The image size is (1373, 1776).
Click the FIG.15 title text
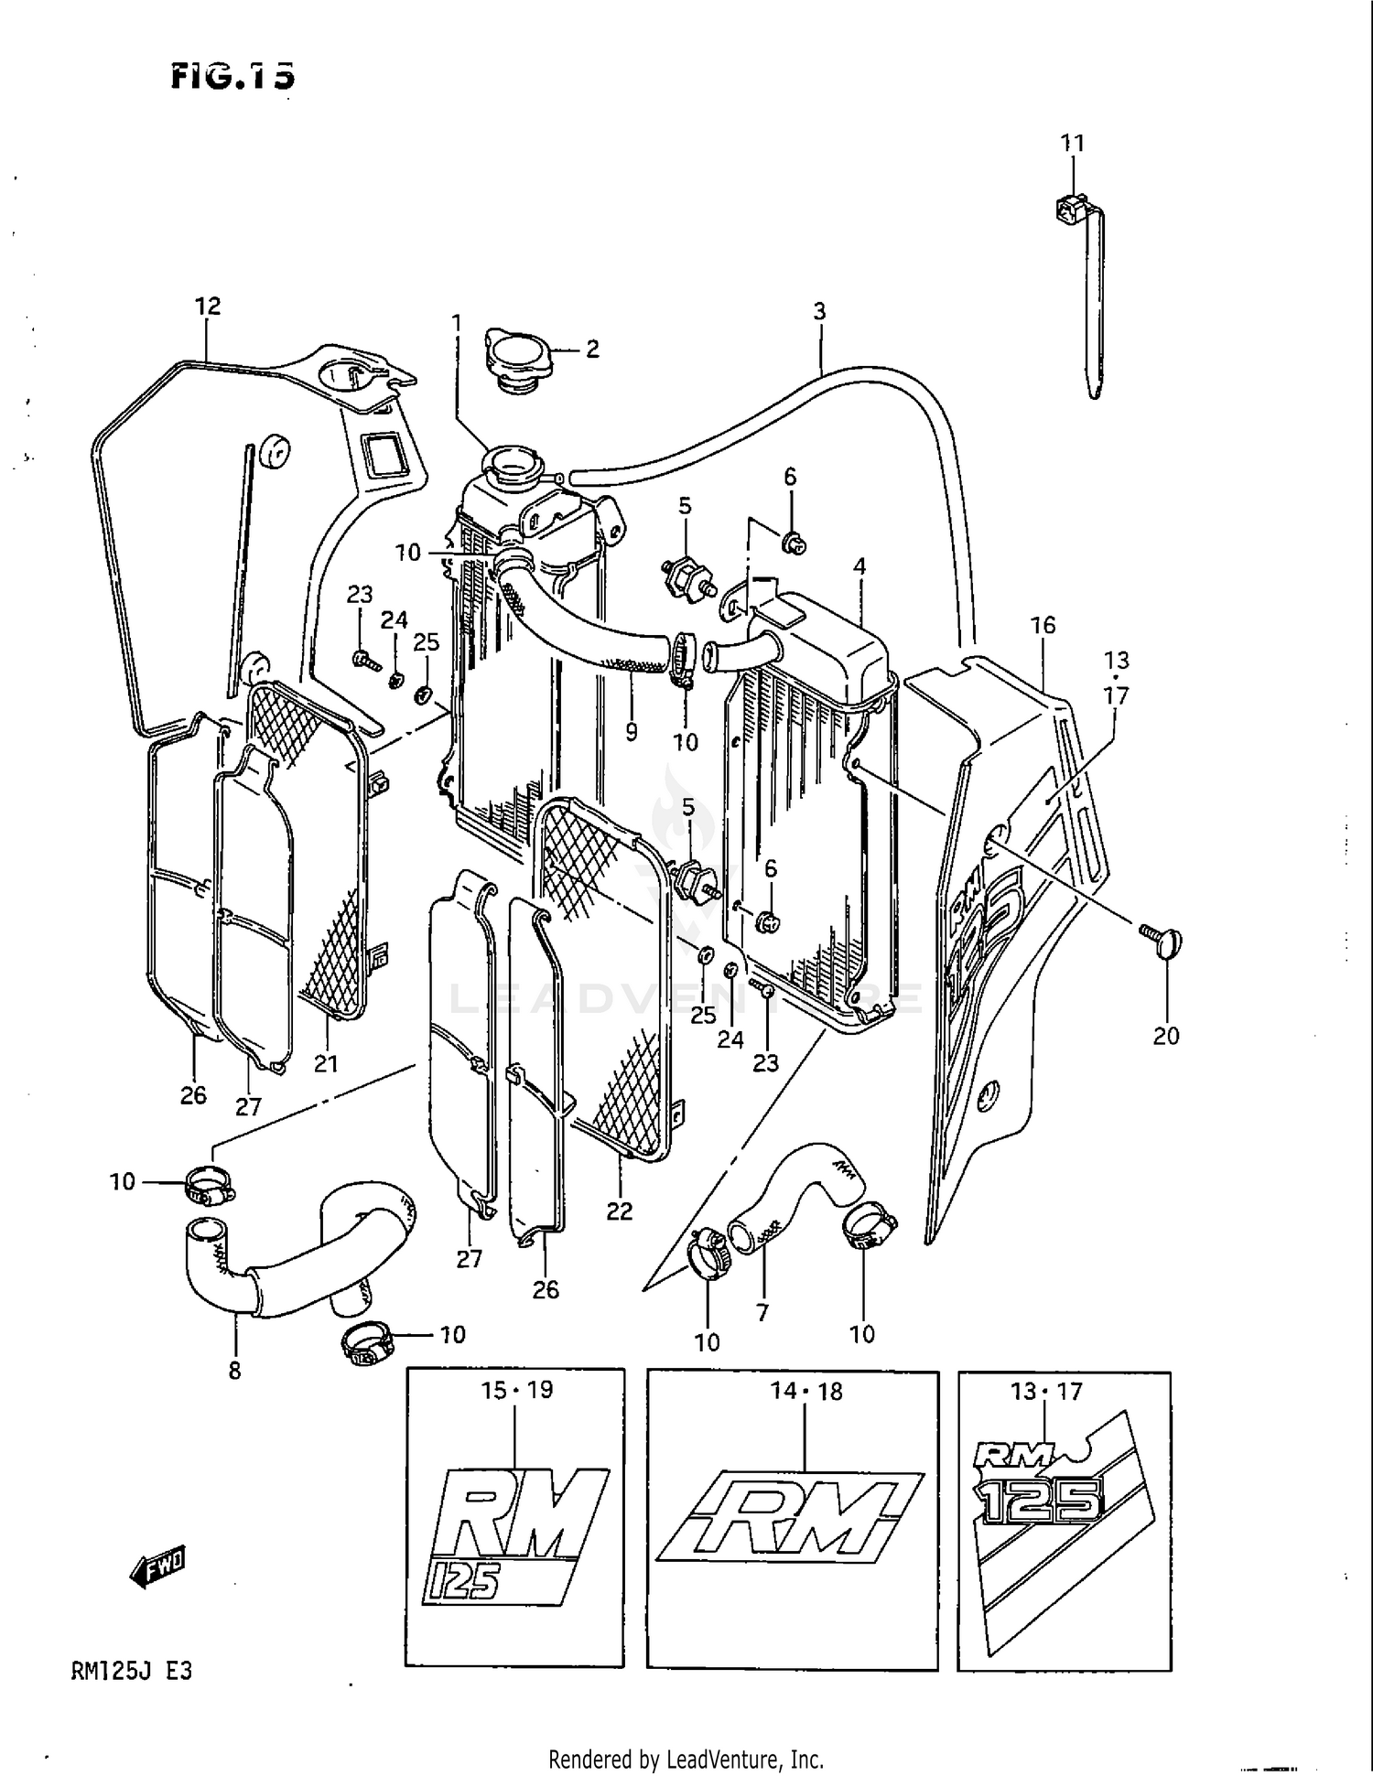[233, 77]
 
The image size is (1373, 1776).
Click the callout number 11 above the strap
[1072, 144]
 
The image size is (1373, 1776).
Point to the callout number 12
[208, 307]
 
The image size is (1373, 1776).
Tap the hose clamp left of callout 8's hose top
[211, 1187]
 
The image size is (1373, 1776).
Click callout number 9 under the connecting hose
[631, 732]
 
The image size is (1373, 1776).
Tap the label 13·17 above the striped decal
[1046, 1392]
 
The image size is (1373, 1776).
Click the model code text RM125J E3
[131, 1672]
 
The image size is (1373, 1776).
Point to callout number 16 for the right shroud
[1043, 625]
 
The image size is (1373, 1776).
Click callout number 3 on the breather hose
[819, 311]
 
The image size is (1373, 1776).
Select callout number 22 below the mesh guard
[620, 1211]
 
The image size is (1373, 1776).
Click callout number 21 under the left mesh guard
[326, 1063]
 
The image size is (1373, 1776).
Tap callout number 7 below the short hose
[762, 1312]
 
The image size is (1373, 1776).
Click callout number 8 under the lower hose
[235, 1370]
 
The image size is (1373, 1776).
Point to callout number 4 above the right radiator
[859, 567]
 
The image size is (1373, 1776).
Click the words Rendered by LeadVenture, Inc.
[686, 1759]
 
